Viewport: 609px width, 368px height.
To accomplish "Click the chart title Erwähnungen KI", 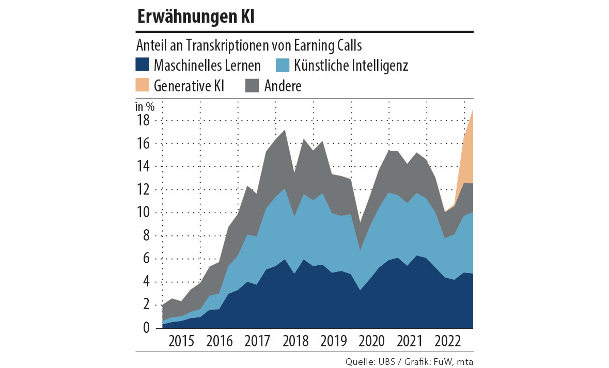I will (196, 17).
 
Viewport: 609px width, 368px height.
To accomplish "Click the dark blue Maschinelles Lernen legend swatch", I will (142, 65).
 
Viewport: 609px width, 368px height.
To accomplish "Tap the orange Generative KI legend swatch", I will (142, 85).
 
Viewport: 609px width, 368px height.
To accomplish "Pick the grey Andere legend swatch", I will (252, 85).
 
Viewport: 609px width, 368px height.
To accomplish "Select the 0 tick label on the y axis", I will (146, 328).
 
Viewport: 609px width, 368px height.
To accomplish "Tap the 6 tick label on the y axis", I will (146, 259).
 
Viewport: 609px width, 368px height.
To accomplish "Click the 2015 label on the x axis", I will (181, 342).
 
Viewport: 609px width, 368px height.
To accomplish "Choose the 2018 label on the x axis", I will (295, 342).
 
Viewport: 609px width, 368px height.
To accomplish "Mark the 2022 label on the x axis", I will (447, 342).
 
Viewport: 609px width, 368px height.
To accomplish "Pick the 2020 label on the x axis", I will (371, 342).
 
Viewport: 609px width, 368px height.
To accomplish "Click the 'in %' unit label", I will (145, 107).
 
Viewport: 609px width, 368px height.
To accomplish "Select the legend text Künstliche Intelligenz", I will (351, 66).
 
